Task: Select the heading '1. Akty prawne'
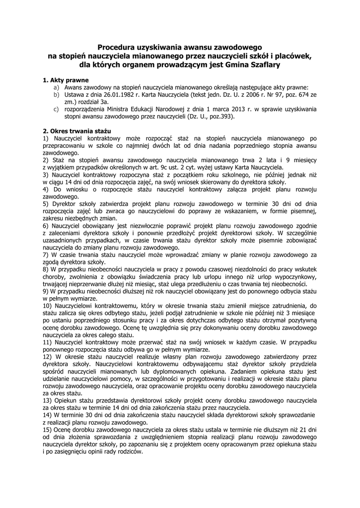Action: click(x=66, y=79)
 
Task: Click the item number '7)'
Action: click(x=46, y=254)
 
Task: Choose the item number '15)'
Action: click(x=48, y=429)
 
